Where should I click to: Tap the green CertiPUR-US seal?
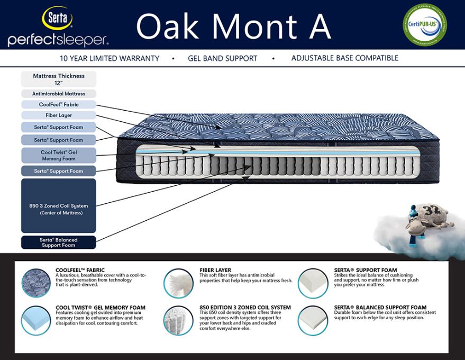pyautogui.click(x=425, y=24)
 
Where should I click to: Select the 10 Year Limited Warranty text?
pyautogui.click(x=110, y=58)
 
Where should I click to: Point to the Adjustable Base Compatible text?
pyautogui.click(x=344, y=58)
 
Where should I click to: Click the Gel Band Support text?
pyautogui.click(x=222, y=58)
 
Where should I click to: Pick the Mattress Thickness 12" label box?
pyautogui.click(x=59, y=79)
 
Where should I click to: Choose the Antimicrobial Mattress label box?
pyautogui.click(x=59, y=94)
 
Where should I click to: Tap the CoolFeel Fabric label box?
pyautogui.click(x=59, y=104)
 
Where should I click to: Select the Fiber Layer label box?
pyautogui.click(x=59, y=115)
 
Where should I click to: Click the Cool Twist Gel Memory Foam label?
pyautogui.click(x=59, y=155)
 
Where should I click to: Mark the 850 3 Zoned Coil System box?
pyautogui.click(x=59, y=205)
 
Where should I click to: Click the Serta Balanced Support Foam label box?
pyautogui.click(x=59, y=242)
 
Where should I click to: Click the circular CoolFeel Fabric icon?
pyautogui.click(x=36, y=282)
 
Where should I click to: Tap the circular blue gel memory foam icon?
pyautogui.click(x=36, y=320)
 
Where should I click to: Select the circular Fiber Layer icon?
pyautogui.click(x=178, y=282)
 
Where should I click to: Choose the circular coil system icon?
pyautogui.click(x=178, y=320)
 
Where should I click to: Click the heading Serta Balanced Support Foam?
pyautogui.click(x=380, y=308)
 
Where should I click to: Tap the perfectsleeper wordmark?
pyautogui.click(x=58, y=40)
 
